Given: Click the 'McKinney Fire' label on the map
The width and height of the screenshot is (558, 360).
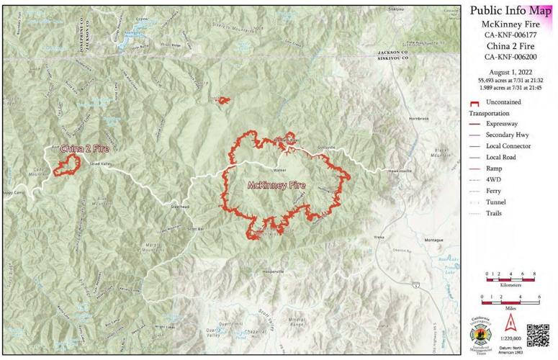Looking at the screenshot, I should (276, 185).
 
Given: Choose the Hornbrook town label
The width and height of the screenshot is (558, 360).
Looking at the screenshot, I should (418, 117).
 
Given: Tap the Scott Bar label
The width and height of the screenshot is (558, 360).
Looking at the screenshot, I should (196, 229).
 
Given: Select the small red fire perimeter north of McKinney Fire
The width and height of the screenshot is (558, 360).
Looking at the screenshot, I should (222, 101).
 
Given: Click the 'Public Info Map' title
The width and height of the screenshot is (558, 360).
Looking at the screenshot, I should (510, 10).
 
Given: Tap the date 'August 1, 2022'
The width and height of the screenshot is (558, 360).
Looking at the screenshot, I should (510, 73).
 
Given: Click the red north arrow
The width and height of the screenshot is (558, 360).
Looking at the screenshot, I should (510, 322).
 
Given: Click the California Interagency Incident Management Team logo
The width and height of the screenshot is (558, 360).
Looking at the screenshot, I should (482, 334).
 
